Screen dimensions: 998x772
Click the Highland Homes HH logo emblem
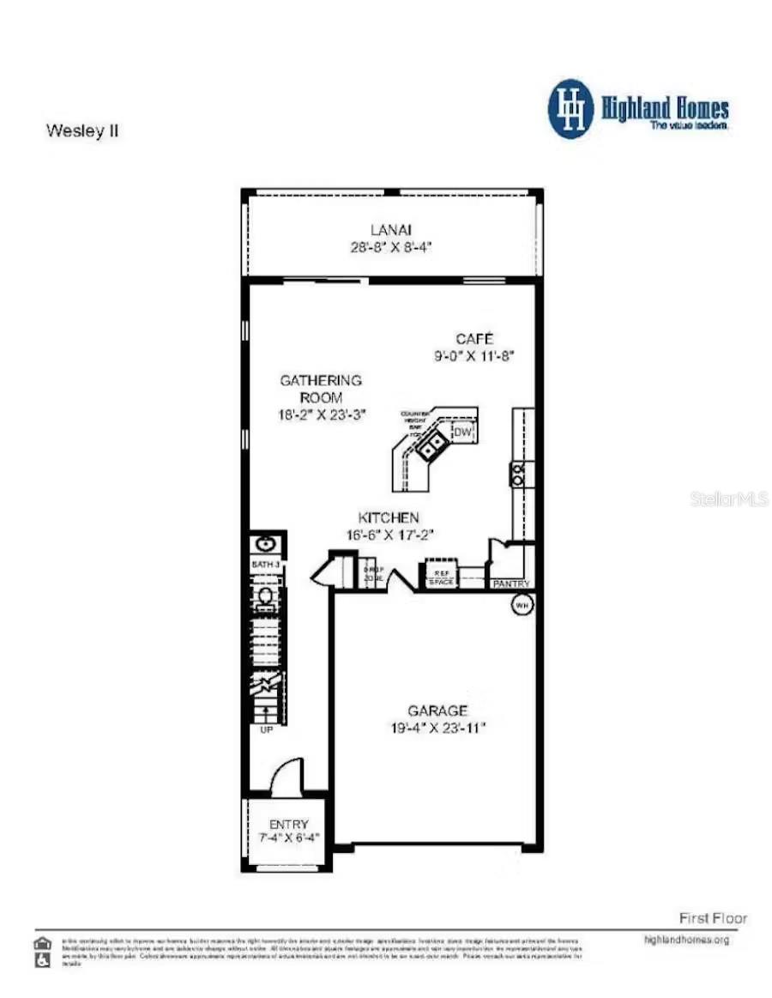[x=570, y=109]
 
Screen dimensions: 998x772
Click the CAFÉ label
[x=475, y=338]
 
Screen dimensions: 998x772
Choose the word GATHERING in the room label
[x=322, y=380]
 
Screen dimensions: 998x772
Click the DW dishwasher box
[x=463, y=432]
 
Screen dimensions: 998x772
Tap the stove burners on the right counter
[x=518, y=474]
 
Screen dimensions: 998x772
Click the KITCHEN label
[x=389, y=517]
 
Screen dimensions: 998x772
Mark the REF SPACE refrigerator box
[x=441, y=576]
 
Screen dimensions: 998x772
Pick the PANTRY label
[x=510, y=584]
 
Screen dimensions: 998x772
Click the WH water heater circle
[x=522, y=605]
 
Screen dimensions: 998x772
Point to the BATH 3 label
[x=265, y=565]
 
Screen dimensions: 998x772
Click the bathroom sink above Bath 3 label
[x=265, y=544]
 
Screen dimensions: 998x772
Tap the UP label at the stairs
[x=266, y=729]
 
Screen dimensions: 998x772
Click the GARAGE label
[x=437, y=711]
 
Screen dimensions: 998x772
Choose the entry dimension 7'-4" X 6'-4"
[x=289, y=838]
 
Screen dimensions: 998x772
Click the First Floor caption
[x=713, y=917]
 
